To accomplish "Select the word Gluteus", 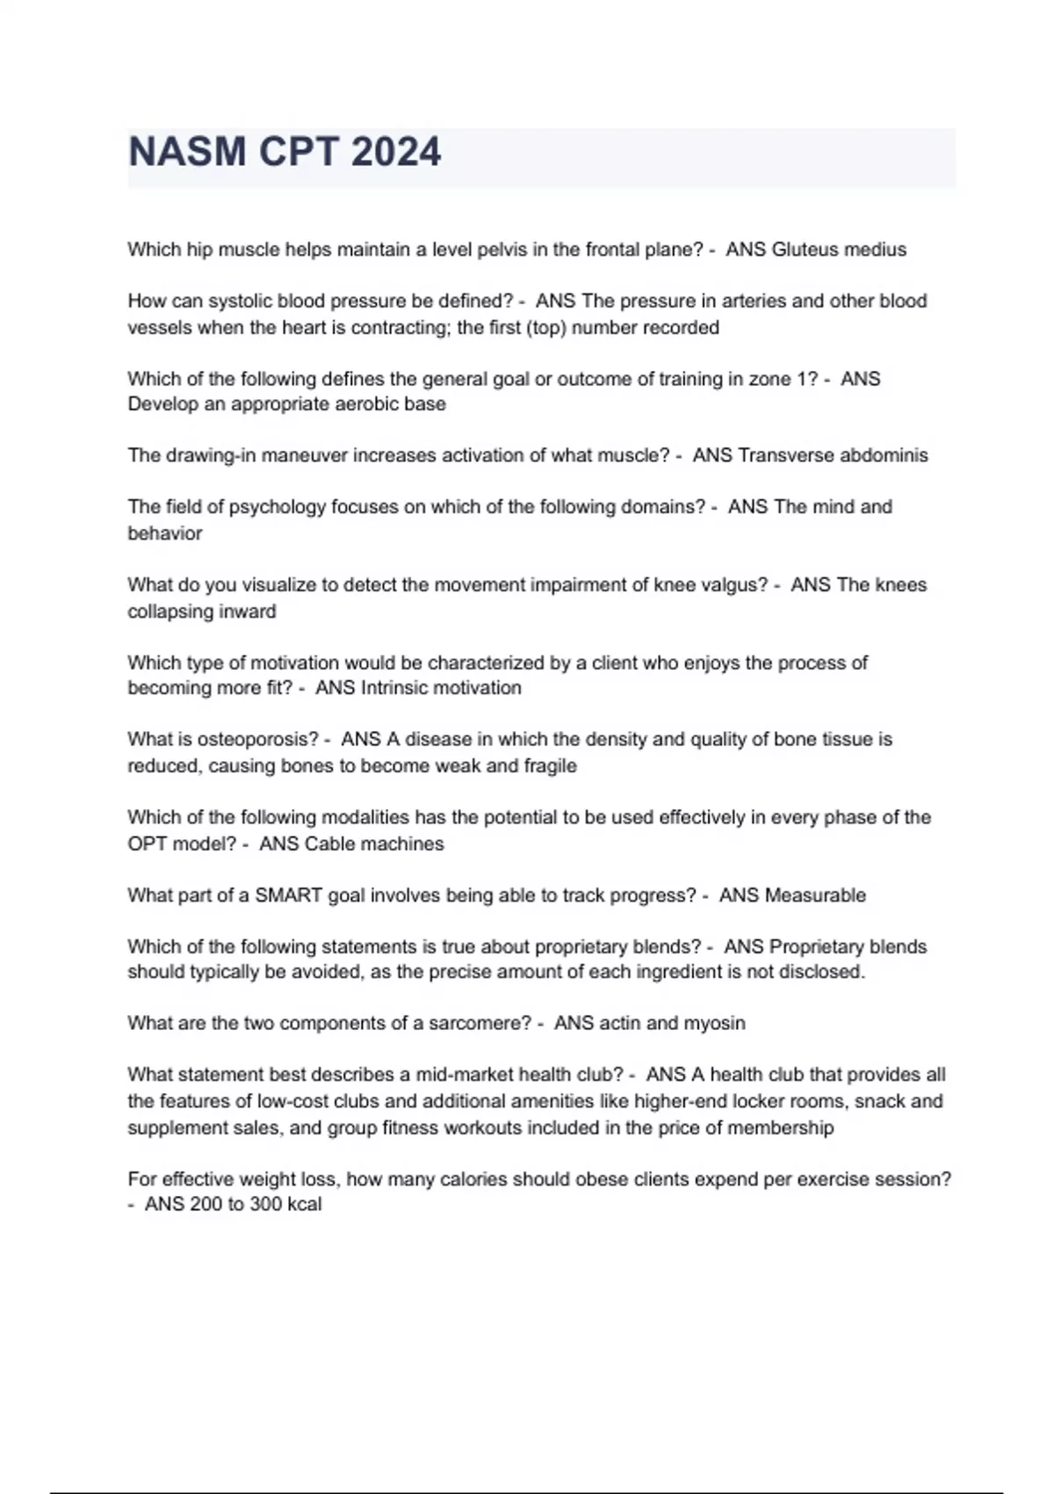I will pos(803,250).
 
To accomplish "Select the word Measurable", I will pos(815,896).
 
